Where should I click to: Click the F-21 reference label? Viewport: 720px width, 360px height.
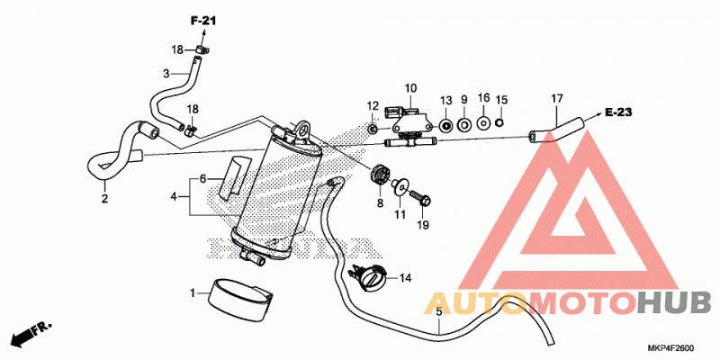[203, 21]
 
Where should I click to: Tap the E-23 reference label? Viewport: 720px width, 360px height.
[618, 112]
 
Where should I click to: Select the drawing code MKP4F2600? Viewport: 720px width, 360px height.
[670, 347]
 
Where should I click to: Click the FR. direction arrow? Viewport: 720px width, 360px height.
[31, 334]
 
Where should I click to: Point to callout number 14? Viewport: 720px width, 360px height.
[405, 278]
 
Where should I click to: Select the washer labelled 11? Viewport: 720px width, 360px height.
[400, 185]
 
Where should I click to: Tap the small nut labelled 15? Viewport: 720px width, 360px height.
[501, 122]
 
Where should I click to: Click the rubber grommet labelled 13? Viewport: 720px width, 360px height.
[445, 125]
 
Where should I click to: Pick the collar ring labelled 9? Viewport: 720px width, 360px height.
[464, 124]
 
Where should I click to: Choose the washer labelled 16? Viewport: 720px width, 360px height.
[483, 123]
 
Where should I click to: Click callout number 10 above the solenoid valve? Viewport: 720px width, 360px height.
[410, 87]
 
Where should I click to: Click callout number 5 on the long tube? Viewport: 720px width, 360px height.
[438, 311]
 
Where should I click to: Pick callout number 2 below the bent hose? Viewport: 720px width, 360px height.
[104, 199]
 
